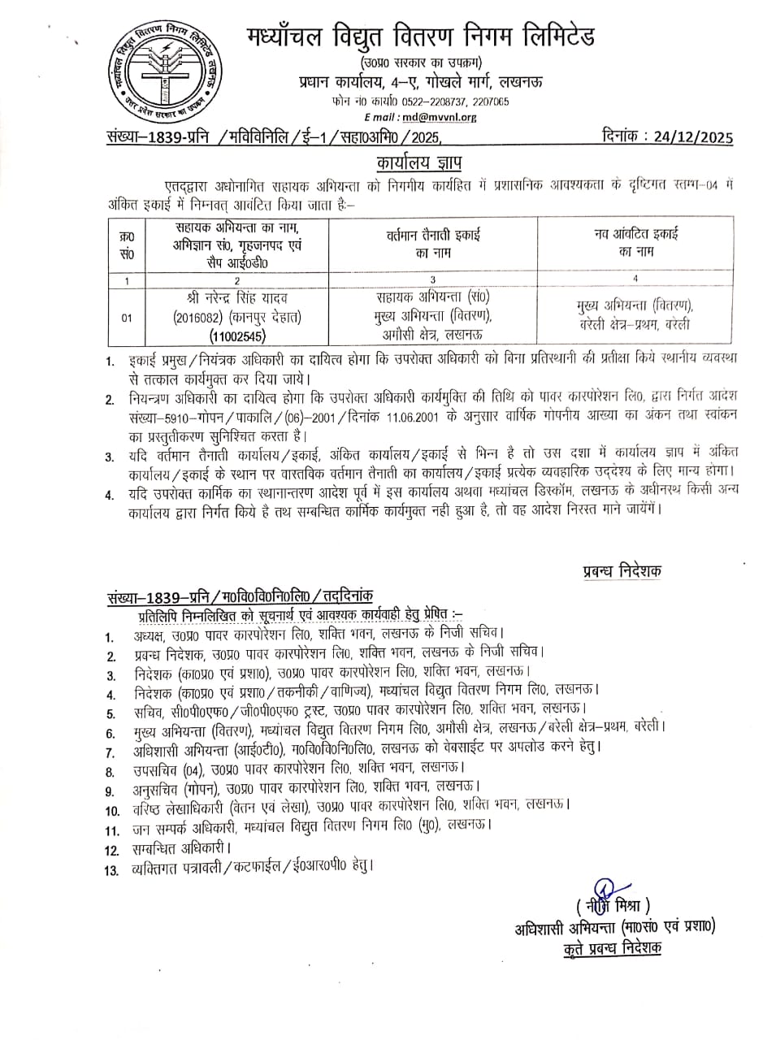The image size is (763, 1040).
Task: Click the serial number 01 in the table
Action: (127, 318)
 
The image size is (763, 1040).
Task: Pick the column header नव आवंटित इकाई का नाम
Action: (635, 243)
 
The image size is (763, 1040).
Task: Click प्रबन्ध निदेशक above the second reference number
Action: (622, 571)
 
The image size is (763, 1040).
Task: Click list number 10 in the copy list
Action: (112, 810)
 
